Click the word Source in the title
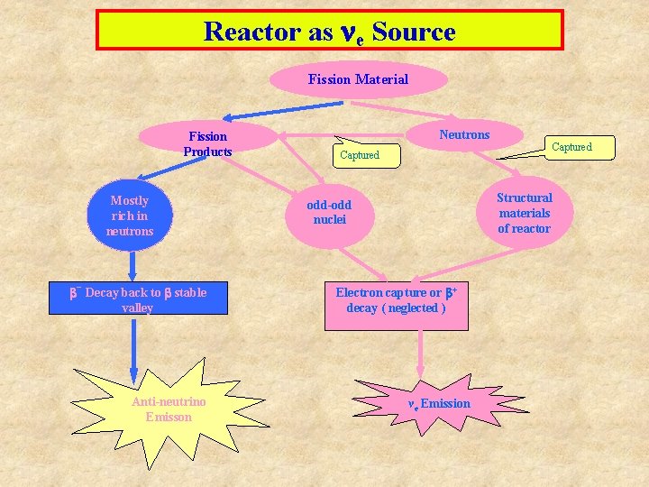413,32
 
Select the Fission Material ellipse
358,79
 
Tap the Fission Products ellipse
208,143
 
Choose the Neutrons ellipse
464,135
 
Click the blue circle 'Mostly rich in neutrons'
130,216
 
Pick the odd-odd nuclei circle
329,213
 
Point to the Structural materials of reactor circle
524,213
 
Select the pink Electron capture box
396,300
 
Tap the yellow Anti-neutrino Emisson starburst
169,408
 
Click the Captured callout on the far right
571,147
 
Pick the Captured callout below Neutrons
360,155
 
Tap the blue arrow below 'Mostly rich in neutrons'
133,264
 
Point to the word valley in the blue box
137,308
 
